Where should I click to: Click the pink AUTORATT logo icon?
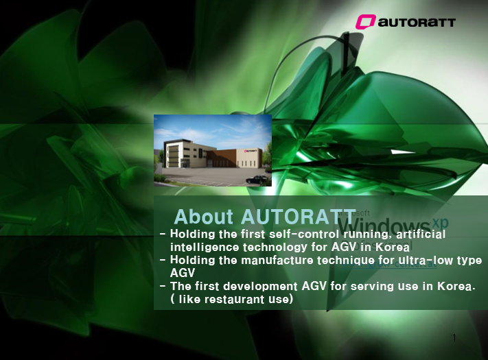tap(365, 22)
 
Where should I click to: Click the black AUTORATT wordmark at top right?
tap(417, 23)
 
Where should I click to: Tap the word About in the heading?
tap(204, 217)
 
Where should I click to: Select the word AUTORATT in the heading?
tap(299, 217)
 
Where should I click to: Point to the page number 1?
tap(454, 338)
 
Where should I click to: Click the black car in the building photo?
tap(256, 180)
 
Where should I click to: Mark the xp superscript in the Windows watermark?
tap(441, 223)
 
